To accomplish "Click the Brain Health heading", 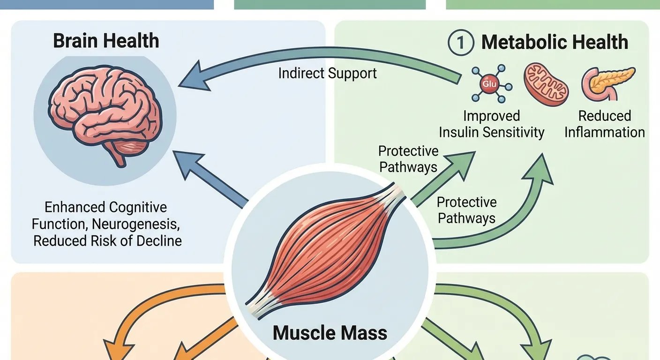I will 106,41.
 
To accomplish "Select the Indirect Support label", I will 327,74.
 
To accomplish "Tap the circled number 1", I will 461,43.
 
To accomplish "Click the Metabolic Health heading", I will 555,43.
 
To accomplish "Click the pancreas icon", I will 608,82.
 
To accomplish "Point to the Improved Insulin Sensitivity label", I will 491,124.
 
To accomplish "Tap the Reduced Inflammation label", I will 604,124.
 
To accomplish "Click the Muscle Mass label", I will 330,333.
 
